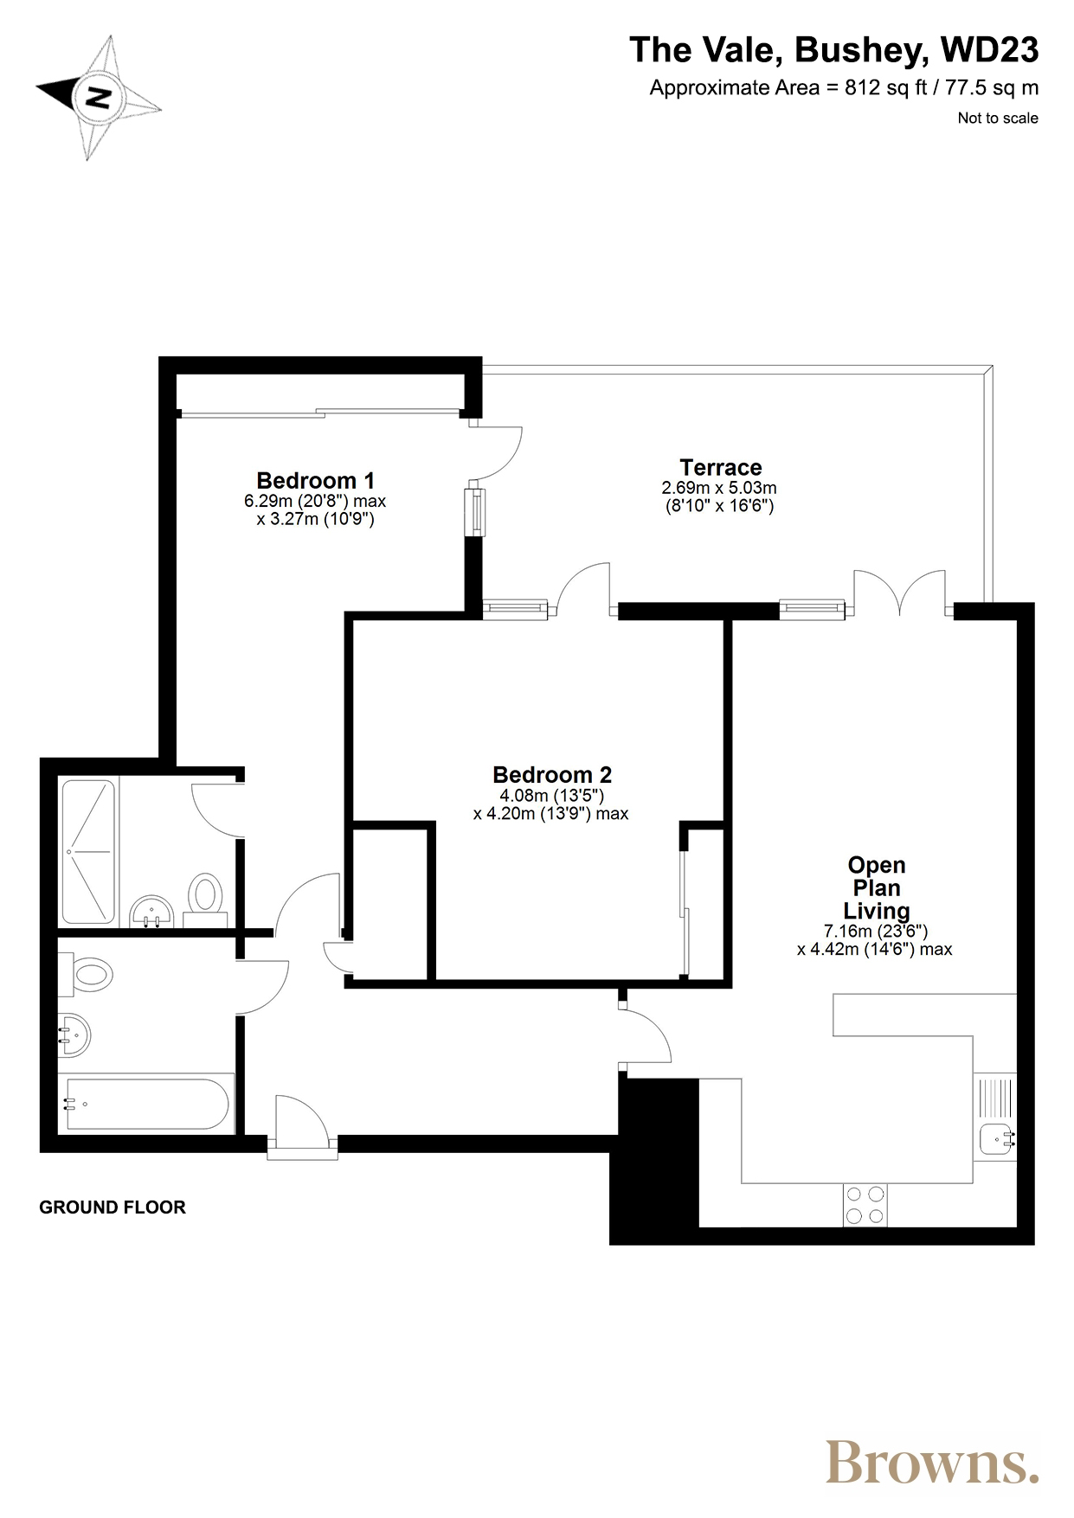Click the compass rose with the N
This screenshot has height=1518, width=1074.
tap(98, 97)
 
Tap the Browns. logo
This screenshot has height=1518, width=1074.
tap(932, 1462)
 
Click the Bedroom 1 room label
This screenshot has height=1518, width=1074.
tap(316, 480)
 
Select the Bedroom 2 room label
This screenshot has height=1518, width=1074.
tap(552, 774)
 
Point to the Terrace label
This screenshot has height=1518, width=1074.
tap(721, 467)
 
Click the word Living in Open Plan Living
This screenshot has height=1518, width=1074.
tap(877, 911)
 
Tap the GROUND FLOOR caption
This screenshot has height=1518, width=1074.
tap(113, 1207)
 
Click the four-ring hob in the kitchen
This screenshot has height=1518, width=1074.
tap(865, 1205)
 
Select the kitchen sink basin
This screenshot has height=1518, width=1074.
tap(997, 1139)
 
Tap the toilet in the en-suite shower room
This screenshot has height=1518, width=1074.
tap(206, 895)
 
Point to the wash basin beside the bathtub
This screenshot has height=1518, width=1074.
tap(74, 1035)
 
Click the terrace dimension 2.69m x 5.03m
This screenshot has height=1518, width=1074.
tap(719, 489)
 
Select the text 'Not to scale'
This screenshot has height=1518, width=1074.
tap(998, 118)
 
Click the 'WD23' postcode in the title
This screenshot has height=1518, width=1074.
tap(990, 50)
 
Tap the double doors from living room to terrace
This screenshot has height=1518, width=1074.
tap(900, 592)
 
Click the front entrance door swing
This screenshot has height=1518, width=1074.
tap(302, 1122)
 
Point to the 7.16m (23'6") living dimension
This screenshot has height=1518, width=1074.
tap(876, 932)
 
